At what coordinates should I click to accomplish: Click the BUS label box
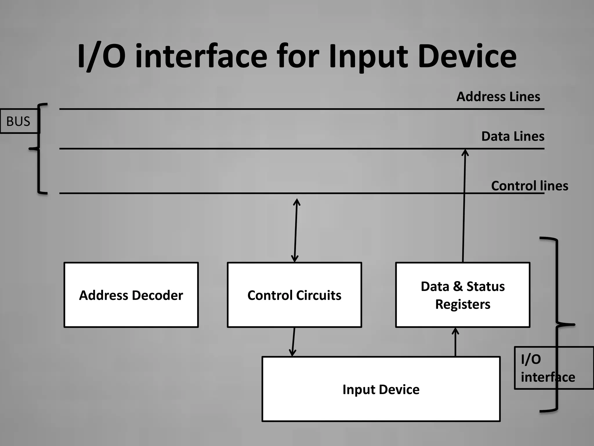pyautogui.click(x=19, y=121)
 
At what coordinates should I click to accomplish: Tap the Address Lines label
pyautogui.click(x=498, y=97)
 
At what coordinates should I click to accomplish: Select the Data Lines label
pyautogui.click(x=512, y=136)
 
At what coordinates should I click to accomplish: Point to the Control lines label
pyautogui.click(x=529, y=186)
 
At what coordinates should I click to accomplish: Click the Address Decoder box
pyautogui.click(x=131, y=295)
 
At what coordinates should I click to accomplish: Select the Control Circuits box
pyautogui.click(x=294, y=295)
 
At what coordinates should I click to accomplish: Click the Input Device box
pyautogui.click(x=381, y=389)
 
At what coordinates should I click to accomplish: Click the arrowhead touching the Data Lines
pyautogui.click(x=465, y=152)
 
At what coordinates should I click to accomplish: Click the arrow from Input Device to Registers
pyautogui.click(x=455, y=342)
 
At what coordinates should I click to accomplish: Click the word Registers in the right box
pyautogui.click(x=463, y=304)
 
